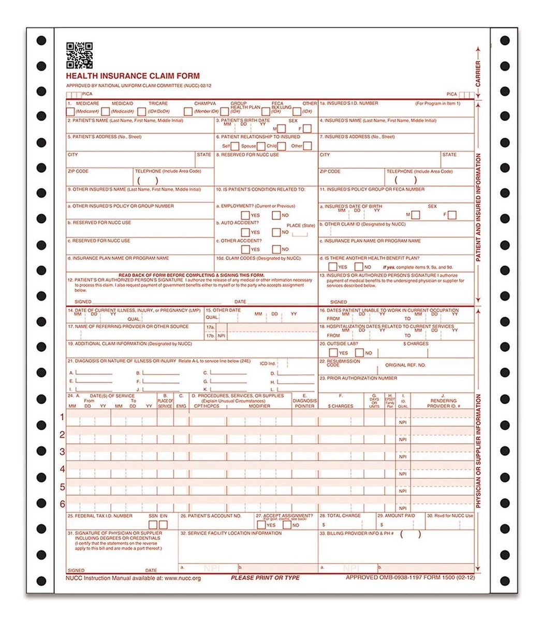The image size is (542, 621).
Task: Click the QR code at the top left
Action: (x=79, y=55)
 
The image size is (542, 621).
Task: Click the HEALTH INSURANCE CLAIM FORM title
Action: (x=133, y=76)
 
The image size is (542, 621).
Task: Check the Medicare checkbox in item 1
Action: (x=70, y=111)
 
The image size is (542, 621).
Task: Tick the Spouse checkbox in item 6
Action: (x=261, y=146)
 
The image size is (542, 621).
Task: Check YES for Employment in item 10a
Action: (x=245, y=215)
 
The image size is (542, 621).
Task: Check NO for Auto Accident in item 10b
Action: (x=276, y=232)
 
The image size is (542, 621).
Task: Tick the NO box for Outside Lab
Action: (x=359, y=353)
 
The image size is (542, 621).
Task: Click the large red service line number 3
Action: (x=62, y=452)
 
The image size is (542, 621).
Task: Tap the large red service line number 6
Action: (x=62, y=504)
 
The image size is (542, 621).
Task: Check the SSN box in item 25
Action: (x=153, y=525)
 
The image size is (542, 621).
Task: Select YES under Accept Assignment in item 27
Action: (x=261, y=525)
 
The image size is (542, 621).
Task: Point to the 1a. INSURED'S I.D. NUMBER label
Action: (x=349, y=103)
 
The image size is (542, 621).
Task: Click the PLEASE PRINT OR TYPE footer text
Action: (x=265, y=578)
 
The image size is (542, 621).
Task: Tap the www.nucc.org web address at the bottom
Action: (x=182, y=578)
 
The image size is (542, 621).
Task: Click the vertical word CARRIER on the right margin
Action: (x=478, y=73)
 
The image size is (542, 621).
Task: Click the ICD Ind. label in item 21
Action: (x=268, y=364)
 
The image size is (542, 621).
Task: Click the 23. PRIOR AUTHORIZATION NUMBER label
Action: (x=358, y=378)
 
